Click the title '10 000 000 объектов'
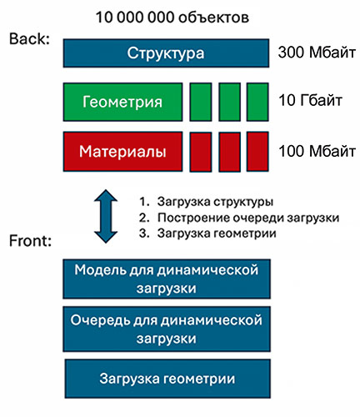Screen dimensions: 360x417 (172, 18)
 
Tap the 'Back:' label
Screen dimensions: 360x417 (29, 38)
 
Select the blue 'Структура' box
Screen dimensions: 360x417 (166, 53)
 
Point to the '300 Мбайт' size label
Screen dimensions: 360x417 (317, 52)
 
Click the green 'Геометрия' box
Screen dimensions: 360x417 (122, 102)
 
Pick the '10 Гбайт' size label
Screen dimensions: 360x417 (310, 100)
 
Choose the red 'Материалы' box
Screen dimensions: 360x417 (122, 152)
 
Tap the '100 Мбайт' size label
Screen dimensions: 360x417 (317, 151)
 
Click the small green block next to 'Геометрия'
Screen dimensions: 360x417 (201, 102)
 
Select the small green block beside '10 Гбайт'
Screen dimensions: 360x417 (257, 102)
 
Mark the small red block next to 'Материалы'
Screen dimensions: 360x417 (201, 152)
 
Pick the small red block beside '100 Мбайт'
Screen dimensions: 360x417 (257, 152)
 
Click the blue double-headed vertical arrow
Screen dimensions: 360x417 (106, 216)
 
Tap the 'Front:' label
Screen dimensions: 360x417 (30, 240)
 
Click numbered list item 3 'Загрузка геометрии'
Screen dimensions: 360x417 (207, 233)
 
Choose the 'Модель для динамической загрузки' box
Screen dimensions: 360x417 (167, 279)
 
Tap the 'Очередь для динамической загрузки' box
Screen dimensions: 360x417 (167, 329)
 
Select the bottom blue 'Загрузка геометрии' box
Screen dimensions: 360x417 (167, 379)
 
